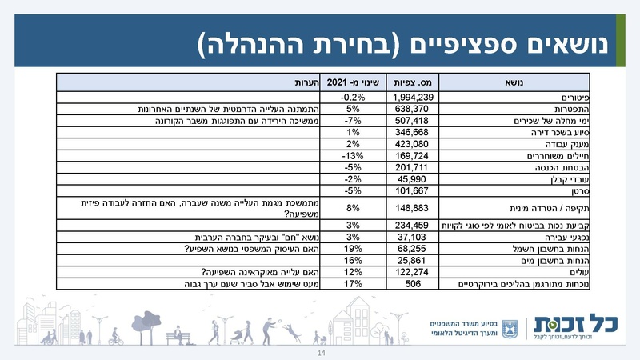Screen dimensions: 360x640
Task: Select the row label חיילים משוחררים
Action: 560,155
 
